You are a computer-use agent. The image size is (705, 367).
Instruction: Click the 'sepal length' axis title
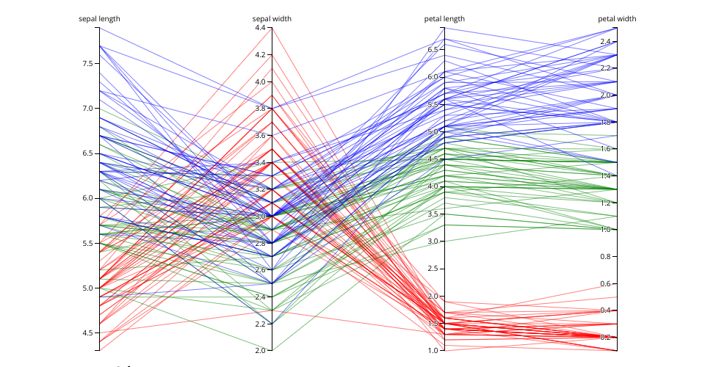pos(100,18)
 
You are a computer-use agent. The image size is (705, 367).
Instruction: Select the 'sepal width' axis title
pos(272,18)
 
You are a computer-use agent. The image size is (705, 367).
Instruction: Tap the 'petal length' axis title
pos(444,18)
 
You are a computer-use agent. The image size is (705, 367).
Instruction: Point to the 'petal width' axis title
pos(617,18)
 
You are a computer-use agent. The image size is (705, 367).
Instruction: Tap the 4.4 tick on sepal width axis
pos(261,28)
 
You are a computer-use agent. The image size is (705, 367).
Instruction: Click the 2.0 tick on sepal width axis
pos(261,351)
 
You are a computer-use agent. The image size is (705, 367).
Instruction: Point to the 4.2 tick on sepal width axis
pos(261,55)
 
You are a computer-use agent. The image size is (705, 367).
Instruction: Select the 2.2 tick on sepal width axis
pos(261,324)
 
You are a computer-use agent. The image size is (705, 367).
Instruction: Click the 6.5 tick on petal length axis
pos(433,49)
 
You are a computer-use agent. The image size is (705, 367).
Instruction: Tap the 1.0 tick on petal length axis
pos(433,351)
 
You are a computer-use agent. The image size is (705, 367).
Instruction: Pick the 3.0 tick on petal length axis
pos(433,241)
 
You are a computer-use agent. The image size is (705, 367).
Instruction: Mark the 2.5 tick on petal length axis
pos(433,269)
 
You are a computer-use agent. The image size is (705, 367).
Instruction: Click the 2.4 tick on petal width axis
pos(606,42)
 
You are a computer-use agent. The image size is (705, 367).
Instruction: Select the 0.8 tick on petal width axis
pos(606,257)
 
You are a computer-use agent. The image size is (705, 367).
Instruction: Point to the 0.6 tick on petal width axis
pos(606,283)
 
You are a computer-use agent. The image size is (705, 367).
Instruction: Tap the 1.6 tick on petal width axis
pos(606,149)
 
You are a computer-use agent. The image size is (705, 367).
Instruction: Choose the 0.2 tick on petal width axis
pos(606,338)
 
